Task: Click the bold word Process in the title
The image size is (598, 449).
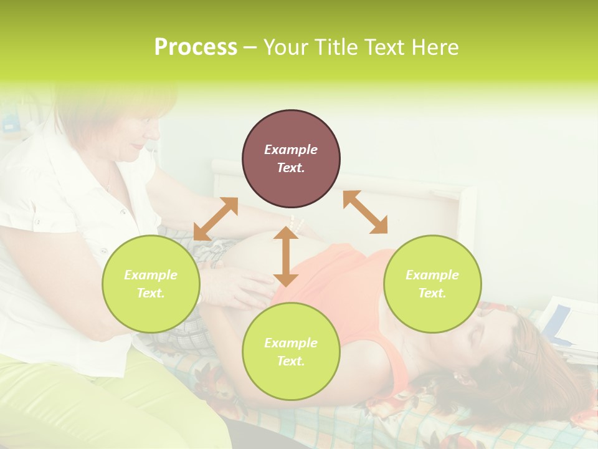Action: [x=196, y=47]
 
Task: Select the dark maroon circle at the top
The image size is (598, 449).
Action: [x=291, y=158]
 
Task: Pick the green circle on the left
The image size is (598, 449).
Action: [x=151, y=284]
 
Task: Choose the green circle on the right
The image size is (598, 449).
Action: [x=432, y=284]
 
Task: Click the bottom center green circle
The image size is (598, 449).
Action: [x=291, y=352]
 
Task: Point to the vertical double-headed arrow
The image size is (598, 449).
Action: [x=286, y=256]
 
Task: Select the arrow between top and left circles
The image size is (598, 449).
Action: [x=216, y=219]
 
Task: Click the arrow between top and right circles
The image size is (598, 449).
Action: [x=365, y=212]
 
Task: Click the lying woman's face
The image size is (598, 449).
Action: [x=492, y=349]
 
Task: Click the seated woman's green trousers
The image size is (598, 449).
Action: [x=93, y=405]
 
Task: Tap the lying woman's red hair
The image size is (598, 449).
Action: [x=529, y=387]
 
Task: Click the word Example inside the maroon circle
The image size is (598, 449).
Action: [x=291, y=150]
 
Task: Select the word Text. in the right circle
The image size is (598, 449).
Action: [x=432, y=293]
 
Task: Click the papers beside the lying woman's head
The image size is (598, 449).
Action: [x=567, y=331]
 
